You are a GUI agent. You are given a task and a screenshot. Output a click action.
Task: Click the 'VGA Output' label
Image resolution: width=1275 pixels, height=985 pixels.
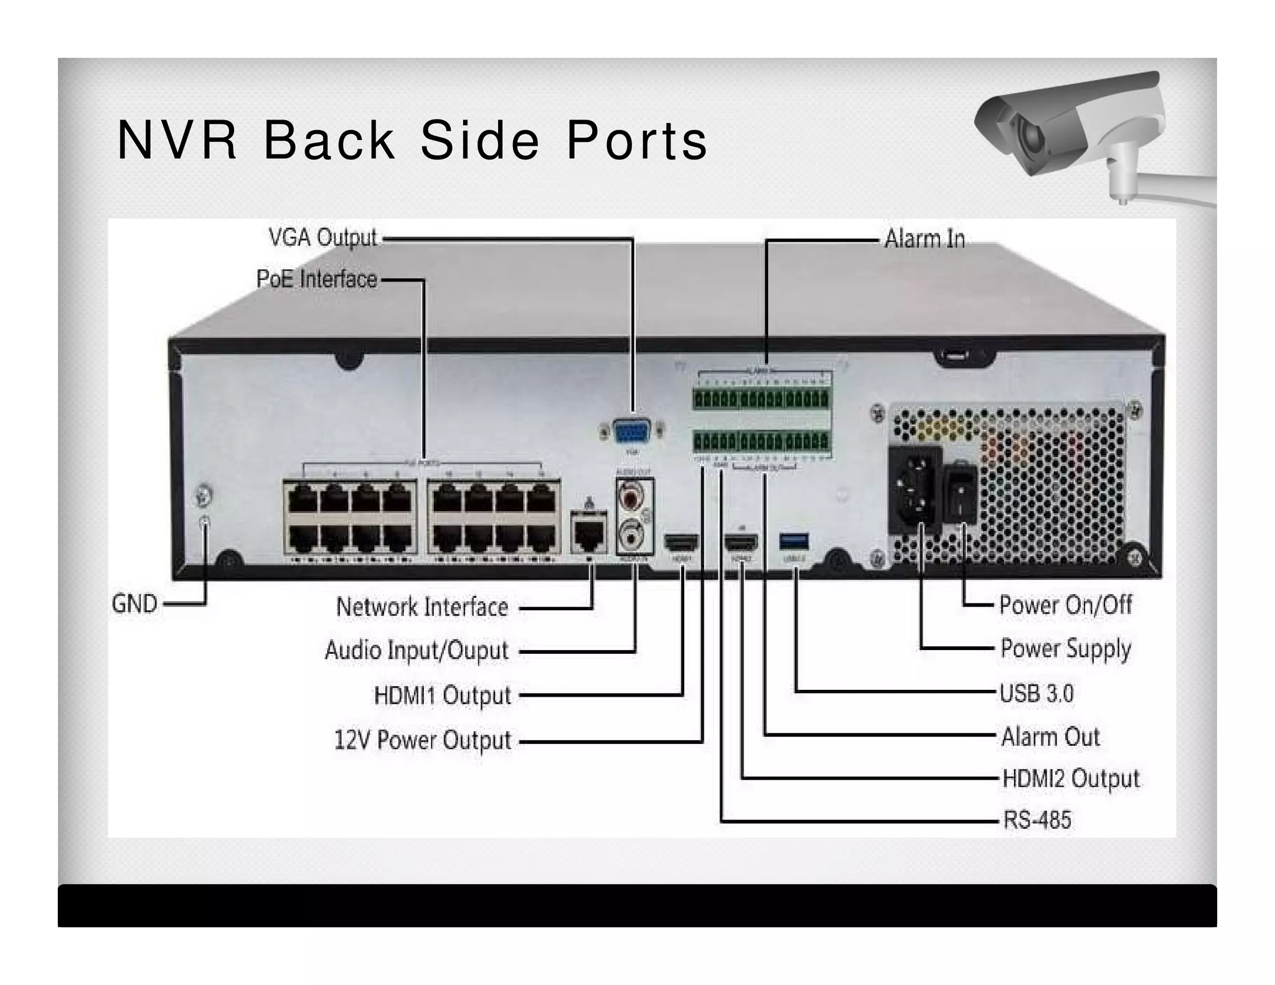pyautogui.click(x=322, y=238)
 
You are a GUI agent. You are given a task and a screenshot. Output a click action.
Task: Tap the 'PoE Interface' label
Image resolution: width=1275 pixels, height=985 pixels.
pyautogui.click(x=316, y=279)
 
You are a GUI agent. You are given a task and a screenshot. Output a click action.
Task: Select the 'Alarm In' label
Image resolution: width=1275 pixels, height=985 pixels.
pyautogui.click(x=924, y=239)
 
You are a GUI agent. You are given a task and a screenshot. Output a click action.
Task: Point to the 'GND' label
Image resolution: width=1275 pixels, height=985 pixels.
pyautogui.click(x=134, y=603)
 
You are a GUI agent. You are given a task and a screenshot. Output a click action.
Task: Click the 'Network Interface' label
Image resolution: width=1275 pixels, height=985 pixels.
pyautogui.click(x=422, y=607)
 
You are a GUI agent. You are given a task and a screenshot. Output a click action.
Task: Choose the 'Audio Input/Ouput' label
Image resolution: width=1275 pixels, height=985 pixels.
pyautogui.click(x=416, y=651)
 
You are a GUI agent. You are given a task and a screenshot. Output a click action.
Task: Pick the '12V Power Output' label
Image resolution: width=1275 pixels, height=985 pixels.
pyautogui.click(x=422, y=740)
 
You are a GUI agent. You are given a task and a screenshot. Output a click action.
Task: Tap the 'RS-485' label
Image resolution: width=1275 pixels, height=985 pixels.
pyautogui.click(x=1037, y=820)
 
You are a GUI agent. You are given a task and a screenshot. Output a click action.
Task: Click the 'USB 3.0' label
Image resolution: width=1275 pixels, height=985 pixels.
pyautogui.click(x=1037, y=693)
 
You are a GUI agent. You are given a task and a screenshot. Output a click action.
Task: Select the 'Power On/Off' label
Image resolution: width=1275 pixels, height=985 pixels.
pyautogui.click(x=1065, y=605)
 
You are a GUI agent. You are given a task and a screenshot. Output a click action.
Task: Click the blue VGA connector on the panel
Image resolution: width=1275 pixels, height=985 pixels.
pyautogui.click(x=631, y=430)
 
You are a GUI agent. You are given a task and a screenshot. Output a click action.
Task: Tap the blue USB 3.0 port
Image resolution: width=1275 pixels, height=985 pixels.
pyautogui.click(x=794, y=540)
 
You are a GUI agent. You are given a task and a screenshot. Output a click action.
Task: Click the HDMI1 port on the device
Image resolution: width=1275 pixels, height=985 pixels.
pyautogui.click(x=682, y=542)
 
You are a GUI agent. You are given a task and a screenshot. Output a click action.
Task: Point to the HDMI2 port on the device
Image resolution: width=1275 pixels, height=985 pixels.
pyautogui.click(x=741, y=542)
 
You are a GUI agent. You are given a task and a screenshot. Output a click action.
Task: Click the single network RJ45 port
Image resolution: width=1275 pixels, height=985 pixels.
pyautogui.click(x=588, y=532)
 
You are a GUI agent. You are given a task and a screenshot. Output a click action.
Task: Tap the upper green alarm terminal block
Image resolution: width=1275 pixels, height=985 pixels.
pyautogui.click(x=761, y=398)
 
